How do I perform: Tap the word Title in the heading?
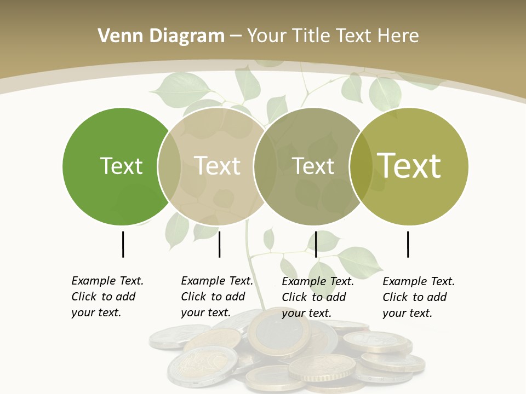click(x=312, y=36)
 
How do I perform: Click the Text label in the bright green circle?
click(x=121, y=166)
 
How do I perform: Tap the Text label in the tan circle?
click(x=218, y=166)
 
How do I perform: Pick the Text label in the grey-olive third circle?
click(x=313, y=166)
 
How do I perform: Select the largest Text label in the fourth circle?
click(x=409, y=166)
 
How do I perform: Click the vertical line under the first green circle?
click(x=123, y=244)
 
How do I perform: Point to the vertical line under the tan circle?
click(x=219, y=244)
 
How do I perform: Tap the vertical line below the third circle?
click(x=316, y=244)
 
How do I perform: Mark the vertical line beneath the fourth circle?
click(x=408, y=244)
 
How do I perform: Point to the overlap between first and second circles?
click(x=169, y=166)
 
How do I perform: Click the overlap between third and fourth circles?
click(x=361, y=166)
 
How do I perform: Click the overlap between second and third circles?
click(x=265, y=166)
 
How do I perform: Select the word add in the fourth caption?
click(x=437, y=297)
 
